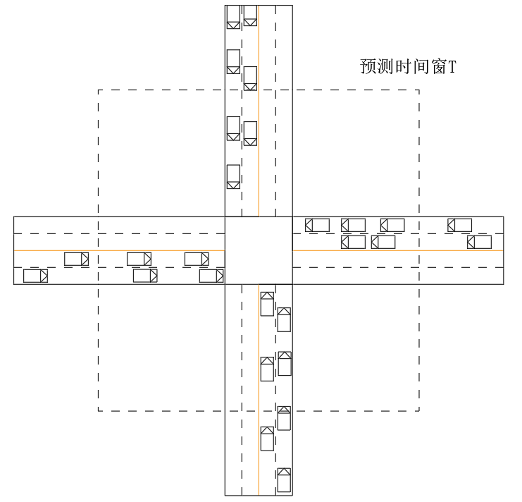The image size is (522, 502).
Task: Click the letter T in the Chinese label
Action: (452, 67)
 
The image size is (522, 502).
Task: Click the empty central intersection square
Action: (258, 250)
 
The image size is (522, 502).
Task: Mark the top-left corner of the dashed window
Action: (98, 90)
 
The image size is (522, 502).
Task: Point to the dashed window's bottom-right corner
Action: (419, 410)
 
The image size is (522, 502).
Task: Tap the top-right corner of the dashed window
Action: (419, 90)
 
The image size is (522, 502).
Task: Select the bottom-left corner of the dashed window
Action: (98, 410)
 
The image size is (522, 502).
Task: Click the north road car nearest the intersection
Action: (233, 176)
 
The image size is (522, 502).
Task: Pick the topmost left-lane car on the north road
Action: (233, 17)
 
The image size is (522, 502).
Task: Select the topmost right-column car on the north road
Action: (250, 16)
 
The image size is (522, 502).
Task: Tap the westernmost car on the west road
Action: (35, 276)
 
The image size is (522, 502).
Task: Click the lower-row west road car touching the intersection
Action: (211, 276)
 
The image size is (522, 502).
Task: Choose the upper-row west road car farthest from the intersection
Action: (76, 259)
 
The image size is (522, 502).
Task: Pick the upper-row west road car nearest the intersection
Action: (197, 259)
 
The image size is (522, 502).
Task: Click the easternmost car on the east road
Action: (480, 242)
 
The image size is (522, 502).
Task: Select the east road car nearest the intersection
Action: (317, 225)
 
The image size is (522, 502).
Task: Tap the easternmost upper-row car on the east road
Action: (460, 225)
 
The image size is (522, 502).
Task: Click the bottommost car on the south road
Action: (284, 479)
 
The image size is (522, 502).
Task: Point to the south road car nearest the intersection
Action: (267, 304)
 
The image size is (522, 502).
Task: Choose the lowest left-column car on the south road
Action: (267, 438)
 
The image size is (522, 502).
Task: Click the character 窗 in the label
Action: (434, 67)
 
